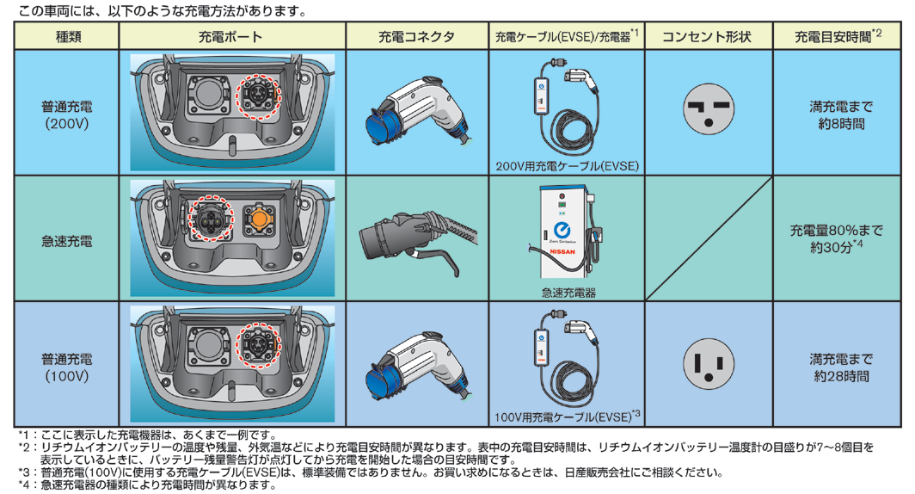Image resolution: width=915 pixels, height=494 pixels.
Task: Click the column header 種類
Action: [66, 37]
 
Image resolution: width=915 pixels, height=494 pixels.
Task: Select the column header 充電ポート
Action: [231, 37]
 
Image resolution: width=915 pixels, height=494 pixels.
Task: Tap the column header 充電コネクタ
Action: [416, 37]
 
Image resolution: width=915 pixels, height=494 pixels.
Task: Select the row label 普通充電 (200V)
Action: [66, 114]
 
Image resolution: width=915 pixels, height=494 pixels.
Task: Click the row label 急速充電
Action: [66, 241]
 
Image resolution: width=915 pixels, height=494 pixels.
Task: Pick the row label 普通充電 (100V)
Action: [66, 367]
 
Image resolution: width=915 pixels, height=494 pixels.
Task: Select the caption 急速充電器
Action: [567, 293]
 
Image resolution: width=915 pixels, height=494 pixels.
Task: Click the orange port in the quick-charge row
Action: [259, 218]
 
